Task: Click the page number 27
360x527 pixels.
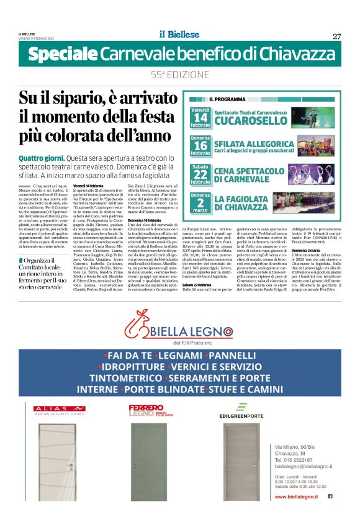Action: (x=336, y=36)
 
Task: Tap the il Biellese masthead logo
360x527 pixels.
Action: (x=179, y=35)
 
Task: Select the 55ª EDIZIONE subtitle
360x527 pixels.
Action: (x=180, y=74)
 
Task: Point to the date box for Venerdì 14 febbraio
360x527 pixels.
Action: (x=200, y=116)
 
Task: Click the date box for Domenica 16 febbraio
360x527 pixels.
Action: (x=200, y=145)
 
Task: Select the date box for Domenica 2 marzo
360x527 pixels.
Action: (x=200, y=202)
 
